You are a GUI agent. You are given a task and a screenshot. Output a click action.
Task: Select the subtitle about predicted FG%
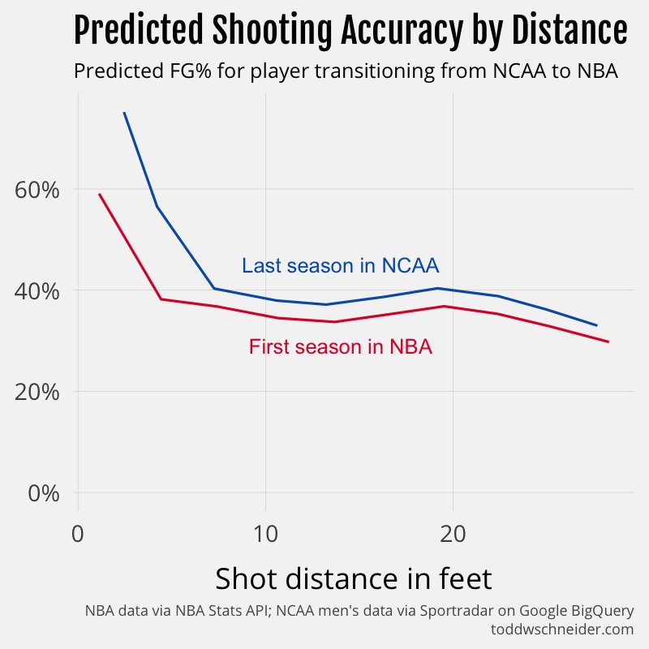(346, 71)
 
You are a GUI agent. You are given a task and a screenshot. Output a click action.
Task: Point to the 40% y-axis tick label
(37, 291)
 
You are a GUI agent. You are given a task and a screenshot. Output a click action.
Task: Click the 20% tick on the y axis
(37, 392)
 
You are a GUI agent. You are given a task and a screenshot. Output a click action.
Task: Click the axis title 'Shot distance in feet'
(353, 579)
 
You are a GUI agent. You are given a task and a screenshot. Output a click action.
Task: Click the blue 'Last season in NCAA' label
(341, 266)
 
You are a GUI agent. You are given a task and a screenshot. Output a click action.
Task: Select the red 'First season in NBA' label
(340, 347)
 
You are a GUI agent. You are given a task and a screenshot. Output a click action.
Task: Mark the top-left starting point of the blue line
(124, 113)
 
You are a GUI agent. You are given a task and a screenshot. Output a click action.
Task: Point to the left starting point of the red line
(99, 194)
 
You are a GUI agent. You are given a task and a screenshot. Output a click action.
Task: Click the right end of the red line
(608, 342)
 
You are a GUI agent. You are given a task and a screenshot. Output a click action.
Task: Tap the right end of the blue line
(596, 325)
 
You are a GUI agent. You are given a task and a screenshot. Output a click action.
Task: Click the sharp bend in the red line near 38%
(161, 299)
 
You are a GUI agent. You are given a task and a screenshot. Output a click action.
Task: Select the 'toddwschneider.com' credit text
(561, 629)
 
